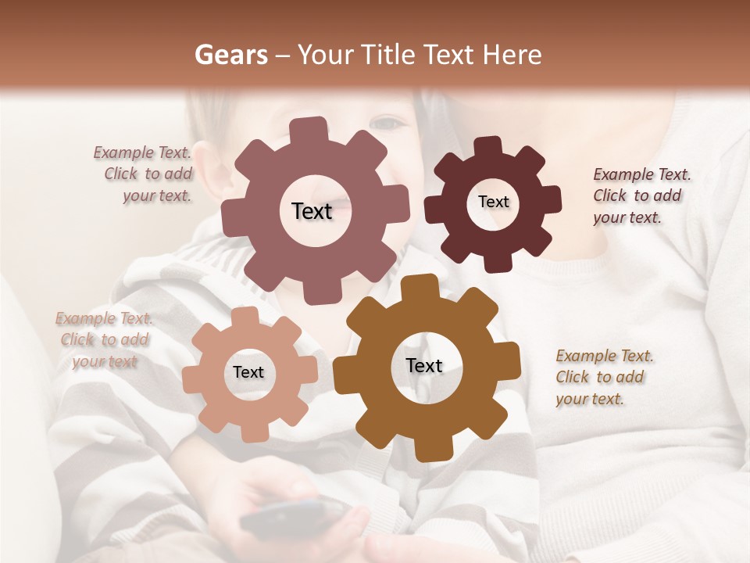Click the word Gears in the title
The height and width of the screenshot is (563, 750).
230,55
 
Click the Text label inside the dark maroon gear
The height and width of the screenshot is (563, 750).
493,202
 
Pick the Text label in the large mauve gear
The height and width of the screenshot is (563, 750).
312,211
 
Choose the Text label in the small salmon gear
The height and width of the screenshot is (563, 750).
248,373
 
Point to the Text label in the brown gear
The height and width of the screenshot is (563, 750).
424,366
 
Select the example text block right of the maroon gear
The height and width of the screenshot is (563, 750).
641,195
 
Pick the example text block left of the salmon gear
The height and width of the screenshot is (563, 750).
105,339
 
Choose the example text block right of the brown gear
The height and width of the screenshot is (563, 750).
603,377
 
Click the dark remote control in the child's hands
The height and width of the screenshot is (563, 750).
293,518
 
